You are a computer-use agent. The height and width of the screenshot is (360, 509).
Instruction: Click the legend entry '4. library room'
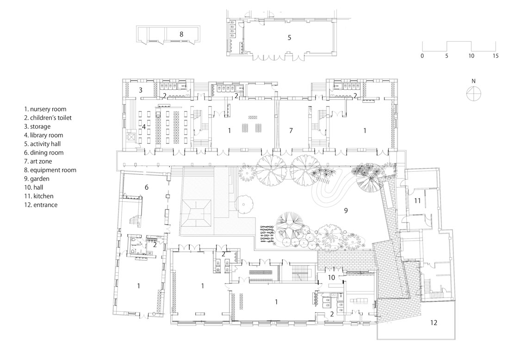point(43,135)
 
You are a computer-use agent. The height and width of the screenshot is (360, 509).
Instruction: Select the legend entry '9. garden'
point(37,179)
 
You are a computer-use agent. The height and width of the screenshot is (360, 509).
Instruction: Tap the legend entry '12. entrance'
point(41,205)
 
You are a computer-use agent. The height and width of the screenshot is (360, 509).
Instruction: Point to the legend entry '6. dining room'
point(44,153)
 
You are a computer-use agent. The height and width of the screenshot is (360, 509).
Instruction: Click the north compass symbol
point(474,94)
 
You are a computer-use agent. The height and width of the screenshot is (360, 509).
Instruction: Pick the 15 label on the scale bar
point(496,56)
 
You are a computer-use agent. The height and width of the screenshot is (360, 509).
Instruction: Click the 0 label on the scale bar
point(422,56)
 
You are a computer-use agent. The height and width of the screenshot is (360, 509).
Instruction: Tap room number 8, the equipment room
point(181,34)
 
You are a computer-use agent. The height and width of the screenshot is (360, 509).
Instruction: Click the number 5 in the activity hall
point(290,37)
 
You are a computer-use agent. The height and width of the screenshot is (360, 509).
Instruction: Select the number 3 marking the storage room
point(141,90)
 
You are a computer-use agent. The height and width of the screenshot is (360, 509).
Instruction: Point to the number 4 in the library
point(144,127)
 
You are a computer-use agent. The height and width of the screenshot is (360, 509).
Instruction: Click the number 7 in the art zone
point(291,130)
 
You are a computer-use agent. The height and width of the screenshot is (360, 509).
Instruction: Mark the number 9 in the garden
point(346,211)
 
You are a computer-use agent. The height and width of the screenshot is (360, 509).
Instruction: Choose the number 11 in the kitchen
point(417,201)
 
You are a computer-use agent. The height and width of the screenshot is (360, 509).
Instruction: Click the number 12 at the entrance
point(434,323)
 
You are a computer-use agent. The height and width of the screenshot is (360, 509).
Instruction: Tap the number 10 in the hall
point(331,278)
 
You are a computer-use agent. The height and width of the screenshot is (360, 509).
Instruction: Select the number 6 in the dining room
point(147,187)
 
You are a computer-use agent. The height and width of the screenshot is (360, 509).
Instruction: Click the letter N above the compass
point(474,81)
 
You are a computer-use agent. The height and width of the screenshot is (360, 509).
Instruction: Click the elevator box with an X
point(131,137)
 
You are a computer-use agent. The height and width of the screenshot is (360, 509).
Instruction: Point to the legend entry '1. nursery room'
point(45,109)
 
